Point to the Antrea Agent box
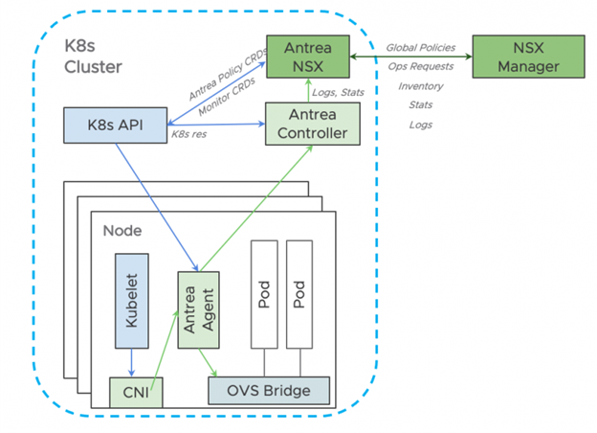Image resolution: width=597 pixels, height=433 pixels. pyautogui.click(x=197, y=312)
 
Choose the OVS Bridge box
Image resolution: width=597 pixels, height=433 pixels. pyautogui.click(x=269, y=390)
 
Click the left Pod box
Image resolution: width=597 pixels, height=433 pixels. pyautogui.click(x=264, y=295)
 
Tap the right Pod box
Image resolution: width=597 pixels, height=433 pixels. pyautogui.click(x=300, y=295)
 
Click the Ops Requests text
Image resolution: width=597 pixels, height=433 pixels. pyautogui.click(x=420, y=66)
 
